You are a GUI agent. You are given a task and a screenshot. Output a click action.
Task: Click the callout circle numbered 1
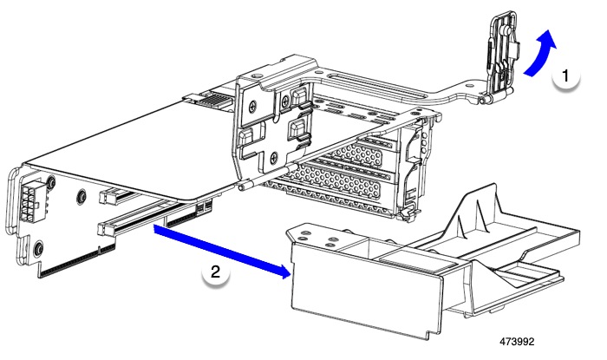(565, 77)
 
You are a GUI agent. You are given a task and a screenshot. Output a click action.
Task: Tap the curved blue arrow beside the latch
(538, 54)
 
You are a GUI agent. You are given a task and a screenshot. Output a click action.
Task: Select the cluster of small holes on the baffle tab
(320, 236)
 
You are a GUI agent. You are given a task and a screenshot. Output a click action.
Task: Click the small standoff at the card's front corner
(247, 183)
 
